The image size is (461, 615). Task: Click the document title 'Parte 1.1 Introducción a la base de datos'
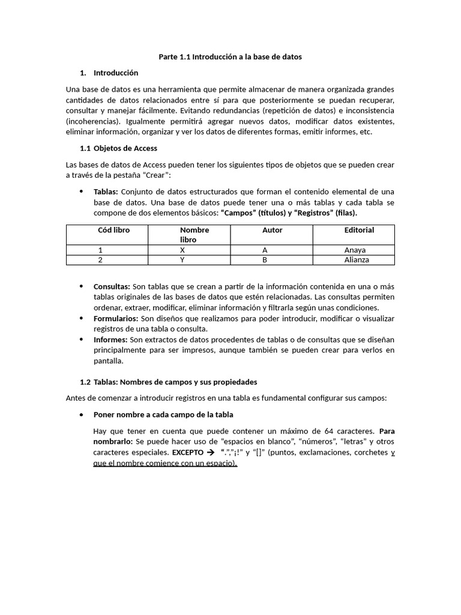click(x=230, y=56)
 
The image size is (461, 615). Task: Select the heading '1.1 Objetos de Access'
click(x=119, y=148)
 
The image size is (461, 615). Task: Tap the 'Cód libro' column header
click(x=113, y=230)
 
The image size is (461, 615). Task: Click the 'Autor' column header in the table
click(x=272, y=230)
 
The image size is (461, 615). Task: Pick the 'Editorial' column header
click(x=359, y=230)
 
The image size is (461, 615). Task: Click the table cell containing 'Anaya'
click(x=355, y=250)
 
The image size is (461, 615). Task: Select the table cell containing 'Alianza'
click(x=357, y=260)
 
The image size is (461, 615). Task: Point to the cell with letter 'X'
click(x=182, y=250)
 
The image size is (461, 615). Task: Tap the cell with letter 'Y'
click(x=182, y=260)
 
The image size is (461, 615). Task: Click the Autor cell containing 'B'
click(x=264, y=260)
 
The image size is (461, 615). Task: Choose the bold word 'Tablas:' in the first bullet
click(x=106, y=192)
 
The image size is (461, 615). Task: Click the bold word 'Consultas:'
click(x=112, y=286)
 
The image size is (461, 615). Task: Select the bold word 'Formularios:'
click(x=116, y=318)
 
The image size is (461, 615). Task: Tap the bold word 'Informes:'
click(x=110, y=339)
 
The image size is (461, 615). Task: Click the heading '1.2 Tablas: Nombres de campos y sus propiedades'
click(x=169, y=382)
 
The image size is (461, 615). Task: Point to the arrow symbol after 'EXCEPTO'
click(x=210, y=453)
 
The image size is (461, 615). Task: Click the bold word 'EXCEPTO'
click(x=187, y=453)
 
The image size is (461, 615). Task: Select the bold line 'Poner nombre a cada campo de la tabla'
click(x=163, y=415)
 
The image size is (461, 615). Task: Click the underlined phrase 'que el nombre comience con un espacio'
click(x=164, y=464)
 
